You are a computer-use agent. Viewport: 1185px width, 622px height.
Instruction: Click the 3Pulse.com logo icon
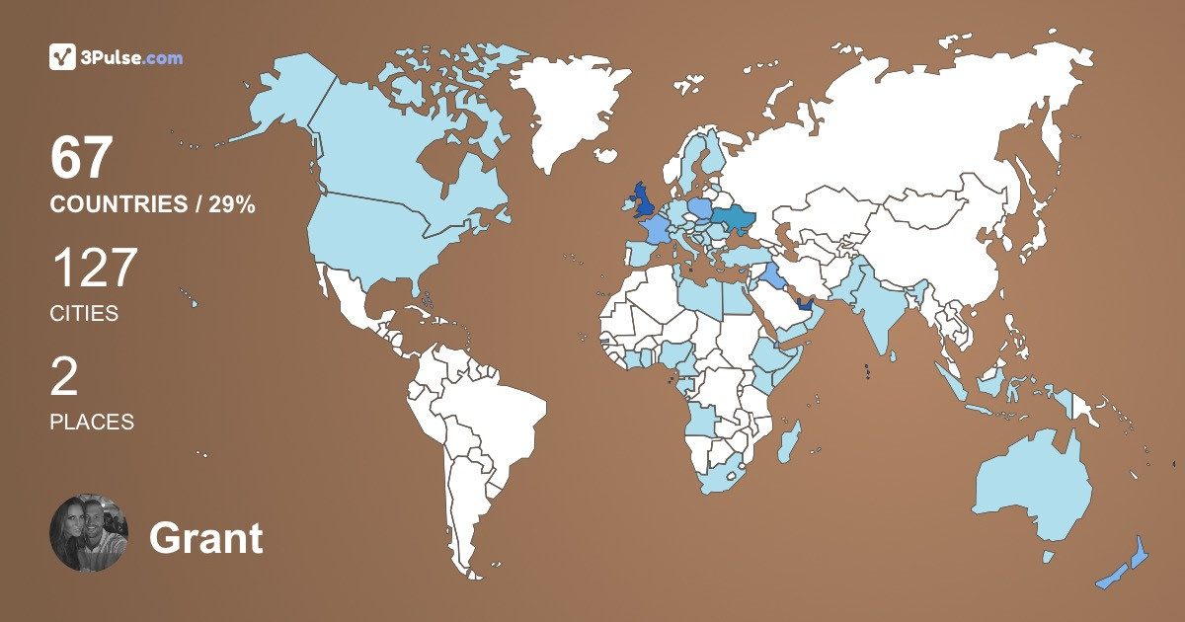pyautogui.click(x=63, y=57)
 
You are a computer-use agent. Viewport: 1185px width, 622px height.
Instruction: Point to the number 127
pyautogui.click(x=94, y=269)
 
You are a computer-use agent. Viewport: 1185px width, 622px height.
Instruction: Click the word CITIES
pyautogui.click(x=84, y=314)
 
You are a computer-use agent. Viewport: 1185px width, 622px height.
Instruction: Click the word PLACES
pyautogui.click(x=92, y=422)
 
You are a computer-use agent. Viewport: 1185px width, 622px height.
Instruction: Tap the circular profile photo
pyautogui.click(x=89, y=533)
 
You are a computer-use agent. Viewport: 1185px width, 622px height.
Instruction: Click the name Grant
pyautogui.click(x=206, y=538)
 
